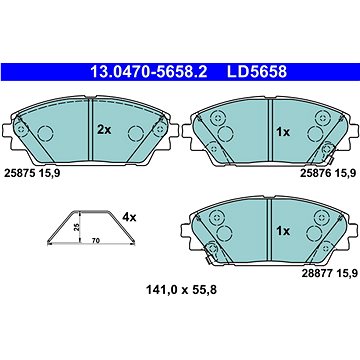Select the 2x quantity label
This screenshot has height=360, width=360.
point(103,132)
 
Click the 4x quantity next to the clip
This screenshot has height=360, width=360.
point(130,216)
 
